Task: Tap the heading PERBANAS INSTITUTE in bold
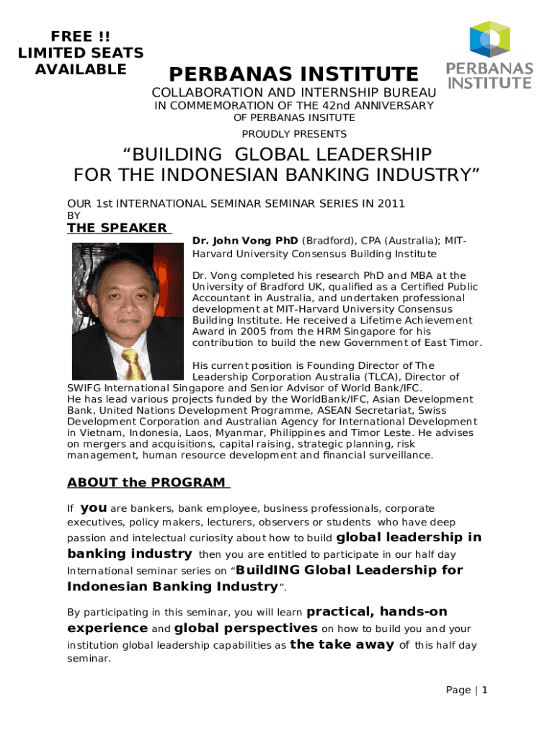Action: tap(293, 74)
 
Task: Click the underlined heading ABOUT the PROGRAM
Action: tap(146, 482)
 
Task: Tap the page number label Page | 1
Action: tap(467, 690)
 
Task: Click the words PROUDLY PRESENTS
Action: tap(294, 134)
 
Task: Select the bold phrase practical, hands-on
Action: tap(377, 612)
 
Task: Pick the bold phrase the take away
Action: tap(342, 644)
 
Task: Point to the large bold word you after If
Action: tap(94, 508)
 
